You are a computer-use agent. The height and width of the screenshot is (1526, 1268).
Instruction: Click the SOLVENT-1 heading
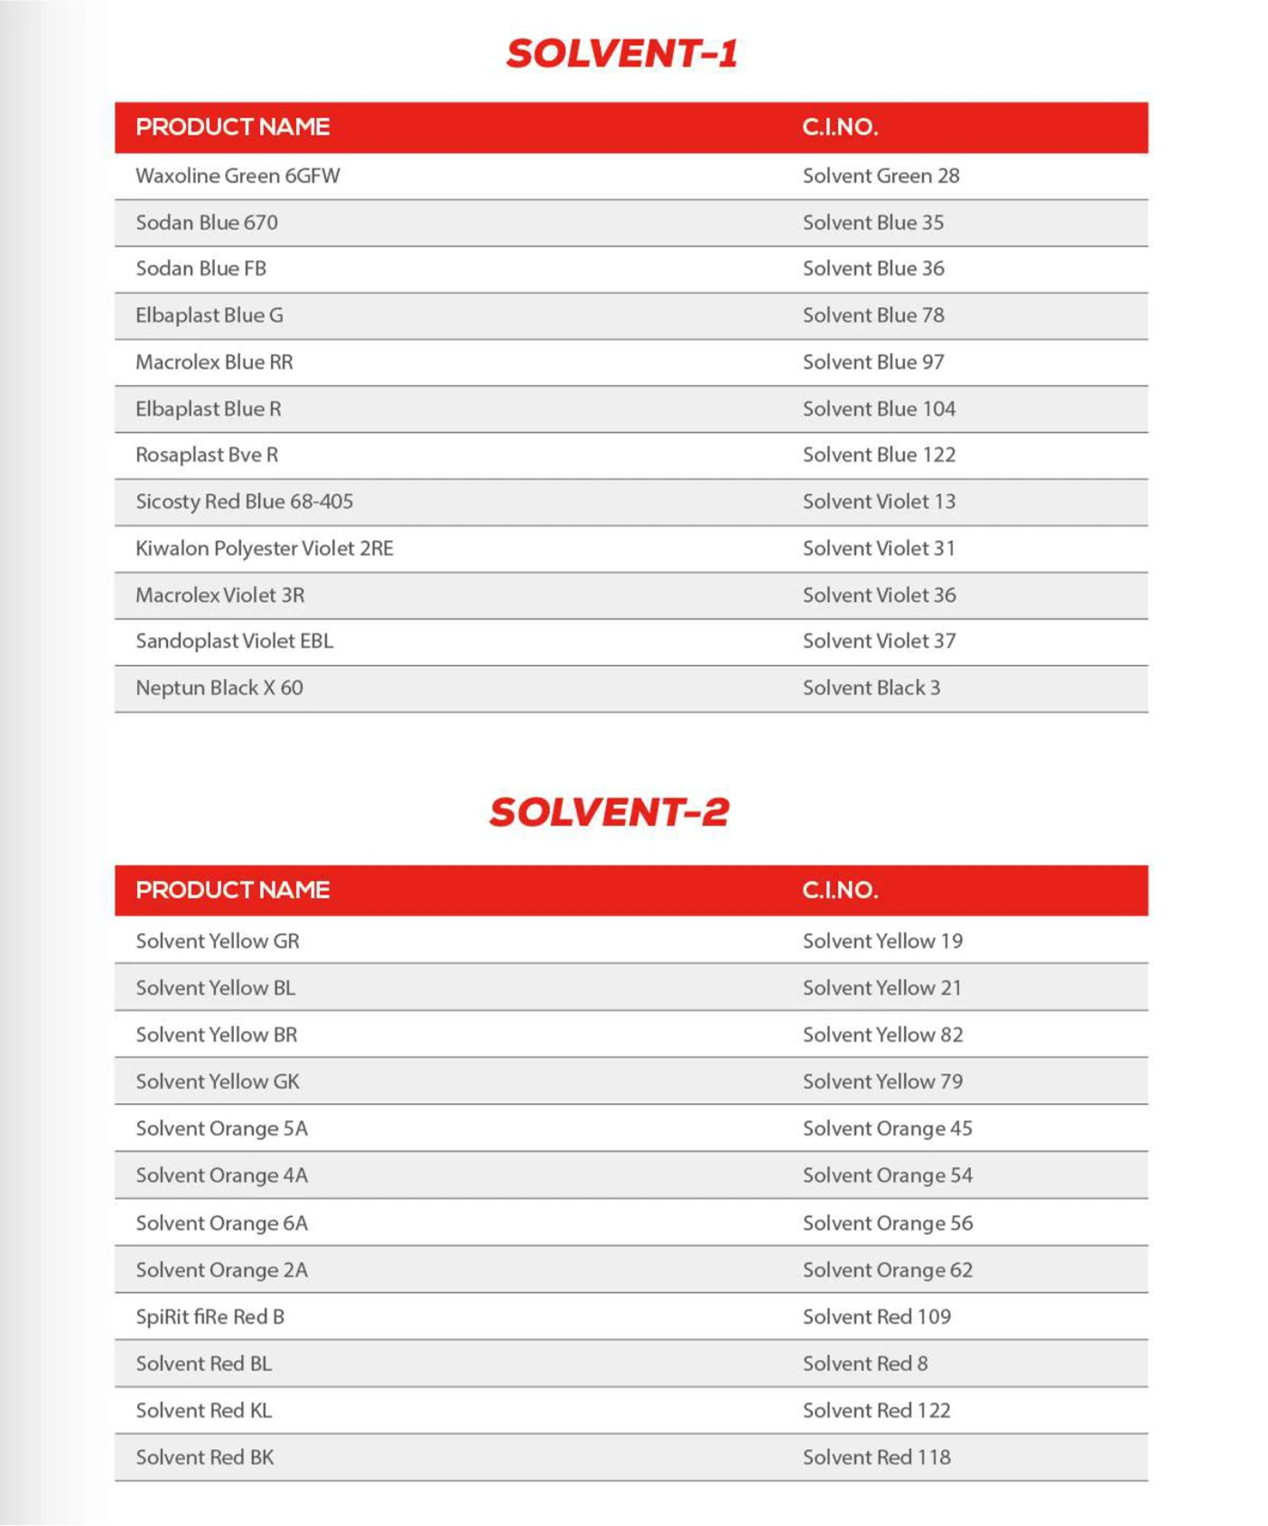621,53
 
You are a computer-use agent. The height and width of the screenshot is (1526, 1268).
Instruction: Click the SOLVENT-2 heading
609,811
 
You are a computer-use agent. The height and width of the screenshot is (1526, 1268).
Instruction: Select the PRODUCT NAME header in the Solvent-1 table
232,127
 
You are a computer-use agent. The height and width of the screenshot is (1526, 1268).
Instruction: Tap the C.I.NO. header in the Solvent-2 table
839,890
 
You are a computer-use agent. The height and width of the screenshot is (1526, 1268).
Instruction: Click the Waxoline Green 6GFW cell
238,176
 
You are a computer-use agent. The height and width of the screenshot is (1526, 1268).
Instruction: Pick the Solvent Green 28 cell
881,176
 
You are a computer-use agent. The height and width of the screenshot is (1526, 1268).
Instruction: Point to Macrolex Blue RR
214,362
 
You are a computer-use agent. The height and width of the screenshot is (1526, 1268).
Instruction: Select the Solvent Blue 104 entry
879,408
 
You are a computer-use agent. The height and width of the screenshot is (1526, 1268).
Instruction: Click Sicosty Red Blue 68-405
244,501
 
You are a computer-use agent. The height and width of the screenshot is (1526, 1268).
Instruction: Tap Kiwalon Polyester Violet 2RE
264,548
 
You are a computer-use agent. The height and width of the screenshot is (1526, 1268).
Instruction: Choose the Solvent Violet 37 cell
879,641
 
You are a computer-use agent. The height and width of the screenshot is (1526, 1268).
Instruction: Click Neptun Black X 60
219,688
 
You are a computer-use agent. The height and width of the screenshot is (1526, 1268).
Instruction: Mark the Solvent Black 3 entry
871,688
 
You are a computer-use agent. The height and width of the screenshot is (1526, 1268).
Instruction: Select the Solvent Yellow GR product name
217,941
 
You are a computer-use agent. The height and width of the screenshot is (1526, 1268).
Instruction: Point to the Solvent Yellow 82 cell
882,1035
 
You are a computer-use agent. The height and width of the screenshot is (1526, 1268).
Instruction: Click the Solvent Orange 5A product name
221,1129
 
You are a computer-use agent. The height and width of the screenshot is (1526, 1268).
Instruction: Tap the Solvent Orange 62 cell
887,1270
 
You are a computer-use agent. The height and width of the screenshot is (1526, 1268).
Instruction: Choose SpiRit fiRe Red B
210,1317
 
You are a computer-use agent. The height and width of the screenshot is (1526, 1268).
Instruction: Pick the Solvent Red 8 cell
864,1364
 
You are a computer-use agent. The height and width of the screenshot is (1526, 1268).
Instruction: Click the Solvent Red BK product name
204,1457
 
